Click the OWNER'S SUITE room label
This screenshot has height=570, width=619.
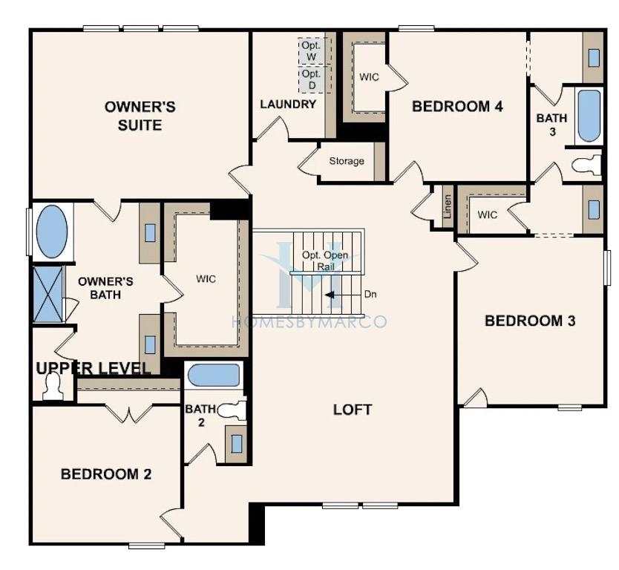(x=140, y=116)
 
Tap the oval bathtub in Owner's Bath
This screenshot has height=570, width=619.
(x=52, y=232)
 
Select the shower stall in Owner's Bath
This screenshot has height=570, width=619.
(x=48, y=294)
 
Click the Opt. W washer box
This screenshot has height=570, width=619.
(x=311, y=51)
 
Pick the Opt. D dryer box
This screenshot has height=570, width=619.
(x=312, y=79)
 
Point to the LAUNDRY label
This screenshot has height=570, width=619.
(x=288, y=104)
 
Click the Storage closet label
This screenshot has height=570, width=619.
(x=347, y=161)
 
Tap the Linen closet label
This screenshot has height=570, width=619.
(x=448, y=207)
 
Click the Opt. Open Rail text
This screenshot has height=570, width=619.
(x=325, y=261)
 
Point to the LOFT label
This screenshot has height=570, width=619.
(x=353, y=410)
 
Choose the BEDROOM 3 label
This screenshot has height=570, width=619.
(x=530, y=321)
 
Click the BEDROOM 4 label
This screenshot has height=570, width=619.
(x=457, y=106)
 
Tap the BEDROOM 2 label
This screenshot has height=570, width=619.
(x=106, y=474)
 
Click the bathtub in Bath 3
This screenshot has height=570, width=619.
(x=589, y=116)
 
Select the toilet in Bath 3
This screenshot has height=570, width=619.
(x=586, y=165)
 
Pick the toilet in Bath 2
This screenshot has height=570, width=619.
(x=232, y=410)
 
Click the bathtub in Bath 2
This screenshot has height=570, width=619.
(x=214, y=375)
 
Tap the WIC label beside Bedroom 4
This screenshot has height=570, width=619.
(x=369, y=77)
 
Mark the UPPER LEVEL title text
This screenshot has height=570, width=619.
(x=94, y=368)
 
